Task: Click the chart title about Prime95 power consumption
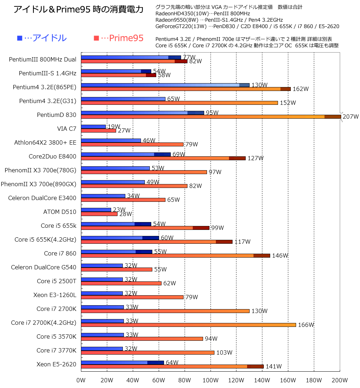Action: tap(78, 10)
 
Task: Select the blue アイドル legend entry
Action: tap(42, 38)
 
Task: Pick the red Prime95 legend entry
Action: tap(119, 38)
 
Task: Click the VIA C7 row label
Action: tap(66, 129)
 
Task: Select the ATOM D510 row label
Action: tap(59, 212)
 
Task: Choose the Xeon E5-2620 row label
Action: tap(56, 364)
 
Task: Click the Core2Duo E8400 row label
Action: tap(52, 156)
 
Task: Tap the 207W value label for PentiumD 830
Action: tap(350, 117)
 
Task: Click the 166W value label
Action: tap(306, 325)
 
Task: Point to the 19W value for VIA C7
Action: tap(114, 126)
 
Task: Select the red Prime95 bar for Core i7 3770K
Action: tap(148, 352)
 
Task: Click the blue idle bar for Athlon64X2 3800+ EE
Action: tap(111, 140)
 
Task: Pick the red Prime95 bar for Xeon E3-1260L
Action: tap(132, 297)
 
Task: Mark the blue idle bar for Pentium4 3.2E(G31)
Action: tap(123, 99)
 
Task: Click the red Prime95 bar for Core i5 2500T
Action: tap(121, 283)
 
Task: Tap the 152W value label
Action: tap(288, 103)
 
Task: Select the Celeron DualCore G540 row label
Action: tap(43, 267)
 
